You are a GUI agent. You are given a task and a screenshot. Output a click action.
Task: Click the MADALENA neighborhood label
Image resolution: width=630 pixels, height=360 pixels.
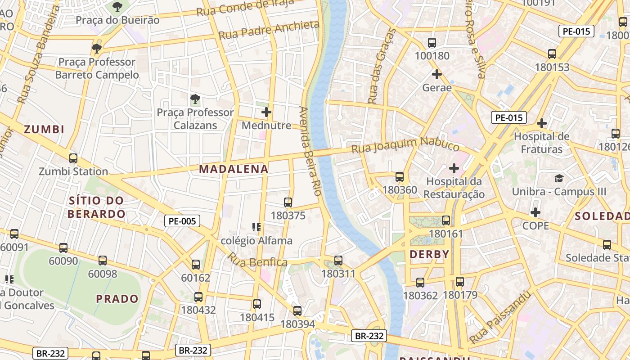[x=234, y=169]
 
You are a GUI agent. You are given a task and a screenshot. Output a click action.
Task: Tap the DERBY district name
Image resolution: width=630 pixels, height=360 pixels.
[x=429, y=254]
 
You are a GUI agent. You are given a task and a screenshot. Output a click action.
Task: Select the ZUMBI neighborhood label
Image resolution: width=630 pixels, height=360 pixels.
[x=44, y=130]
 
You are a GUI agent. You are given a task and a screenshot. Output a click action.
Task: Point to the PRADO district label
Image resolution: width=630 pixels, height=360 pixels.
[x=117, y=299]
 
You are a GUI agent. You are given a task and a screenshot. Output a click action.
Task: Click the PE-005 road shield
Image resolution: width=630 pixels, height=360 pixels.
[x=182, y=221]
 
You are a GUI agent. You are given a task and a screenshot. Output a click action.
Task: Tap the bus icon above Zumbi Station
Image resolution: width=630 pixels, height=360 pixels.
[x=73, y=158]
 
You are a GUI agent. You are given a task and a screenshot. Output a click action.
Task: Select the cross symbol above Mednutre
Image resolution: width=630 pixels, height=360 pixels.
[x=266, y=112]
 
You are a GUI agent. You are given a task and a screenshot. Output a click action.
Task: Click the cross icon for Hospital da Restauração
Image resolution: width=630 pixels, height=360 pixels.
[x=454, y=168]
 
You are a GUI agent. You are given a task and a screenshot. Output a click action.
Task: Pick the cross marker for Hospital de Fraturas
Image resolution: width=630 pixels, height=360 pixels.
[x=542, y=123]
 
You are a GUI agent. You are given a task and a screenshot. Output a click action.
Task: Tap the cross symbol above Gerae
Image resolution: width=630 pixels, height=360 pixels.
[x=436, y=74]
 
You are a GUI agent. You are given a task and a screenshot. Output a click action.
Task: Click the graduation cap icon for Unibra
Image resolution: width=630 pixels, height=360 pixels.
[x=559, y=178]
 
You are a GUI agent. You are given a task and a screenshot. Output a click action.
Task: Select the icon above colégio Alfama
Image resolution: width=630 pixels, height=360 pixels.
[x=256, y=227]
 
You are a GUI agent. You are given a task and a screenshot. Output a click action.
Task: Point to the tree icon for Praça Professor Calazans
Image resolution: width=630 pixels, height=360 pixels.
[x=195, y=99]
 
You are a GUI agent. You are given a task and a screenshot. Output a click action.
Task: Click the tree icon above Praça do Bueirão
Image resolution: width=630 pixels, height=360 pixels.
[x=117, y=7]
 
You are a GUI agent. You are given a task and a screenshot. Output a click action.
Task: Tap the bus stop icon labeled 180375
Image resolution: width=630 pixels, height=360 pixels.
[x=288, y=202]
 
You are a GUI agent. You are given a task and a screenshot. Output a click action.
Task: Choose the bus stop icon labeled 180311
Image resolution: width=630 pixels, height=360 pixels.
[x=338, y=261]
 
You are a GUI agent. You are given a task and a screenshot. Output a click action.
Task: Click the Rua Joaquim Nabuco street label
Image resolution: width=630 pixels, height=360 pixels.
[x=405, y=145]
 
